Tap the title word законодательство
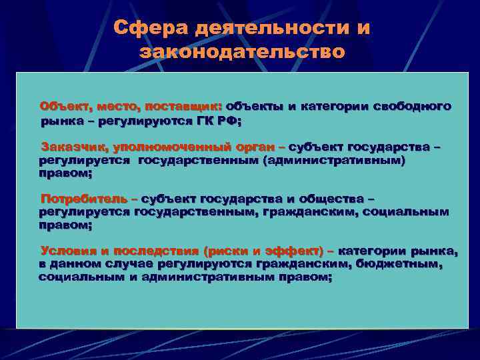click(x=243, y=51)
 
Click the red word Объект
click(x=65, y=106)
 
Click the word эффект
click(x=293, y=251)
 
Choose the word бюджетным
click(x=403, y=264)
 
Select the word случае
click(x=145, y=264)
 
